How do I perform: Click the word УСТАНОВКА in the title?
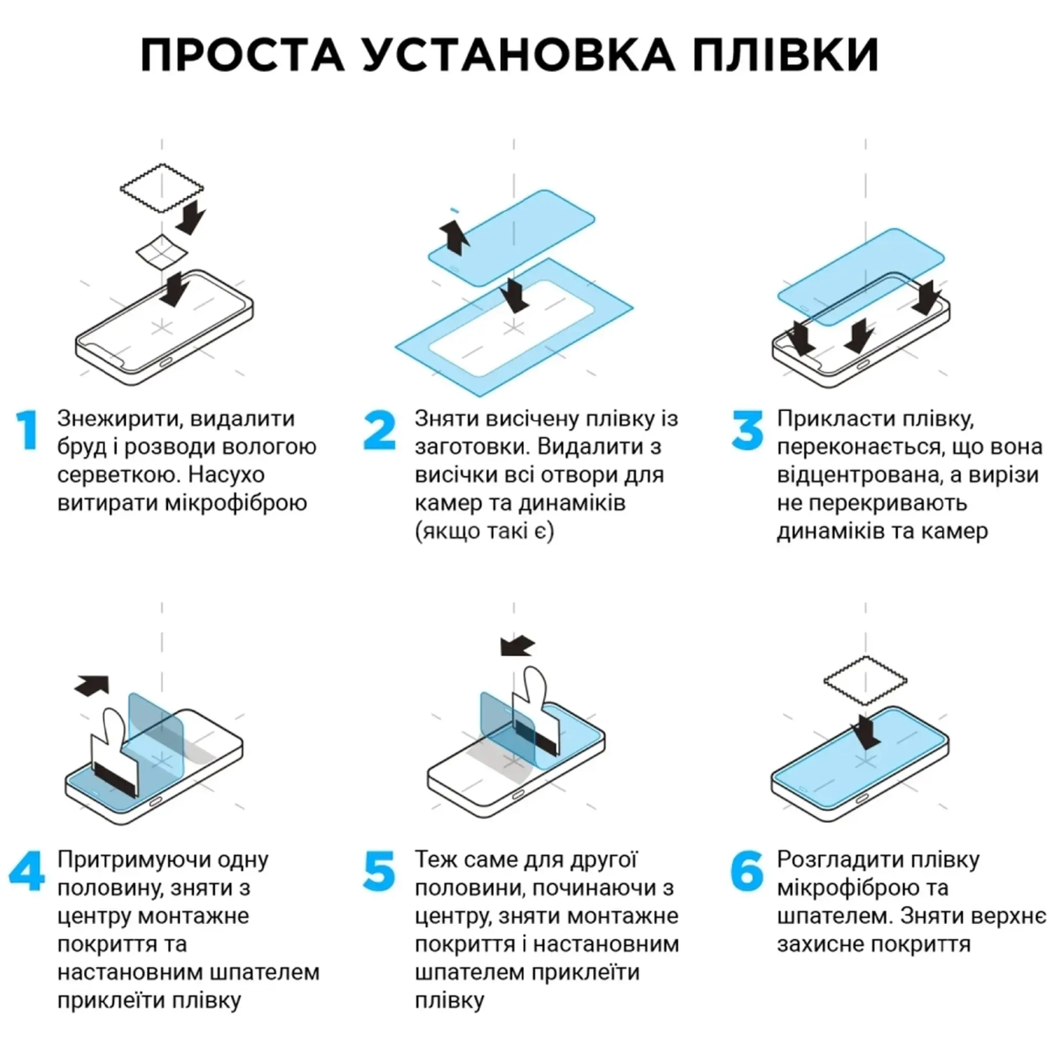[x=518, y=55]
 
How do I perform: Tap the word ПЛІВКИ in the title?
[x=785, y=55]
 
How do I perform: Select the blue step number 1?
[x=27, y=430]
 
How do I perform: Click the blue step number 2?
[x=379, y=430]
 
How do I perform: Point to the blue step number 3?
[x=748, y=430]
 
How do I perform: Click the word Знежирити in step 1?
[x=118, y=419]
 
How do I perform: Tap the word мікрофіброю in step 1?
[x=236, y=503]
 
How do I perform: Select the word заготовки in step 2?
[x=471, y=448]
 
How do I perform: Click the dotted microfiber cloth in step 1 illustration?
[x=162, y=188]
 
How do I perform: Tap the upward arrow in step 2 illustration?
[x=455, y=237]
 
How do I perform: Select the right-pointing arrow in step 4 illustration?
[x=92, y=685]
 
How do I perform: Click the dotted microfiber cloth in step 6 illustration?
[x=865, y=681]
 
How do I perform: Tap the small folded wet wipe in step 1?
[x=162, y=251]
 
